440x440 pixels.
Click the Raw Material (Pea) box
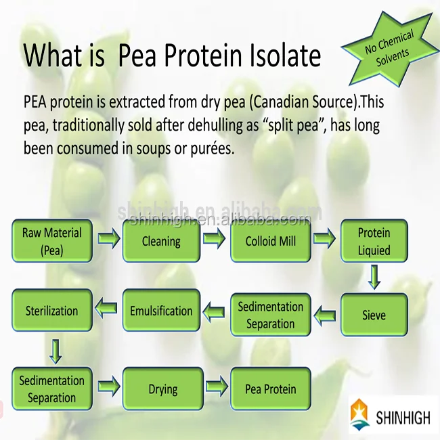pos(51,241)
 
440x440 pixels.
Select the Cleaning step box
pos(161,241)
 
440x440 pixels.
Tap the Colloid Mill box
pos(270,241)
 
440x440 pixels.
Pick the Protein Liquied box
pos(374,241)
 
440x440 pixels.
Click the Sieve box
pos(374,315)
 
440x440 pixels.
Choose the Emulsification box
pos(161,311)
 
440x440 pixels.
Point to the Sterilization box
pos(51,311)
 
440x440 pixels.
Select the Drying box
pos(162,389)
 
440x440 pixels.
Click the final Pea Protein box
pos(270,389)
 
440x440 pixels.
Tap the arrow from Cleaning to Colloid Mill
pos(215,239)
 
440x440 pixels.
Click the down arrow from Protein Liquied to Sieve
pos(374,276)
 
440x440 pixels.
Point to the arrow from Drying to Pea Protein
pos(217,388)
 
